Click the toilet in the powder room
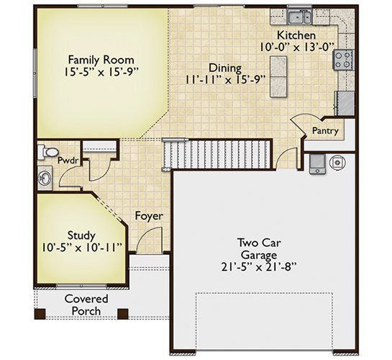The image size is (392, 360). click(x=47, y=152)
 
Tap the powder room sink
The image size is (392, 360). click(x=45, y=178)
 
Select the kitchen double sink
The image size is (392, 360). click(x=299, y=17)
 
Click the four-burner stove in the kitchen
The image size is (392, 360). click(x=342, y=60)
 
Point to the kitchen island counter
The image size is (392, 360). click(x=278, y=76)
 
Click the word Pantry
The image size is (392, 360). click(x=325, y=130)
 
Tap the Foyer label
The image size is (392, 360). click(x=149, y=216)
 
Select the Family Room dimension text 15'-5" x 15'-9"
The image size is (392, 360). click(x=101, y=73)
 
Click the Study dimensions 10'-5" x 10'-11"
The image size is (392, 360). click(x=82, y=248)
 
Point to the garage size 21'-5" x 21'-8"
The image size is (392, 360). click(x=259, y=267)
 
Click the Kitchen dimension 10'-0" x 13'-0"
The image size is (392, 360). click(x=296, y=47)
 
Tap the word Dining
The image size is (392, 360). click(x=225, y=68)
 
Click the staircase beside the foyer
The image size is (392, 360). click(x=216, y=154)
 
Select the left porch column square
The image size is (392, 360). click(x=40, y=314)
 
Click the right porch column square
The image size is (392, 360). click(x=123, y=314)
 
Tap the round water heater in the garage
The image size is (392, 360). click(x=338, y=163)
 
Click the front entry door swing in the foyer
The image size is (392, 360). click(x=149, y=238)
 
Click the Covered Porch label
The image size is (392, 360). click(x=86, y=305)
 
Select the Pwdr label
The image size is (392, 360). click(x=68, y=161)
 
